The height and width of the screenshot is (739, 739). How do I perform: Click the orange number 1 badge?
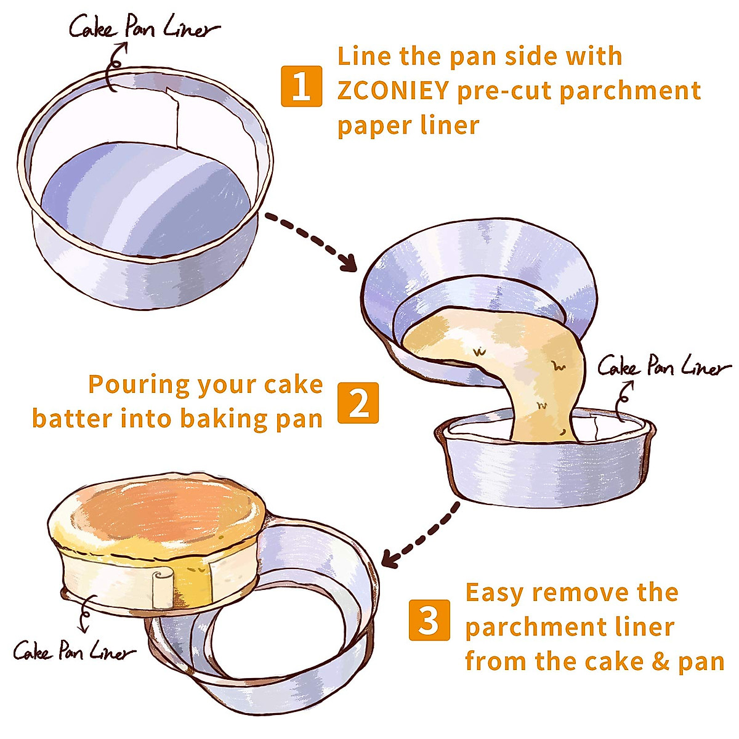301,86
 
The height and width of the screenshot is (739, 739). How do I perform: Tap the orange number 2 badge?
358,403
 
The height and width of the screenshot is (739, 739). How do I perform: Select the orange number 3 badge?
429,620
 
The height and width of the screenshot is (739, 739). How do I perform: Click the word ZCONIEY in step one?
393,91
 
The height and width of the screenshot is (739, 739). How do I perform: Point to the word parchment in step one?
631,92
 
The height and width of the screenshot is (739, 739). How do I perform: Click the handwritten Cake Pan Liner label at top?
145,28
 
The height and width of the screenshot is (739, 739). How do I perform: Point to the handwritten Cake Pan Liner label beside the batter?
664,366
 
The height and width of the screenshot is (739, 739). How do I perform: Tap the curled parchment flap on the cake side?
162,590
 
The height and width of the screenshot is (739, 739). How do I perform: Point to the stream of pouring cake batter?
537,368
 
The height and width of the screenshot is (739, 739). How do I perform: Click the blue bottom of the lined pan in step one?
146,200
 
